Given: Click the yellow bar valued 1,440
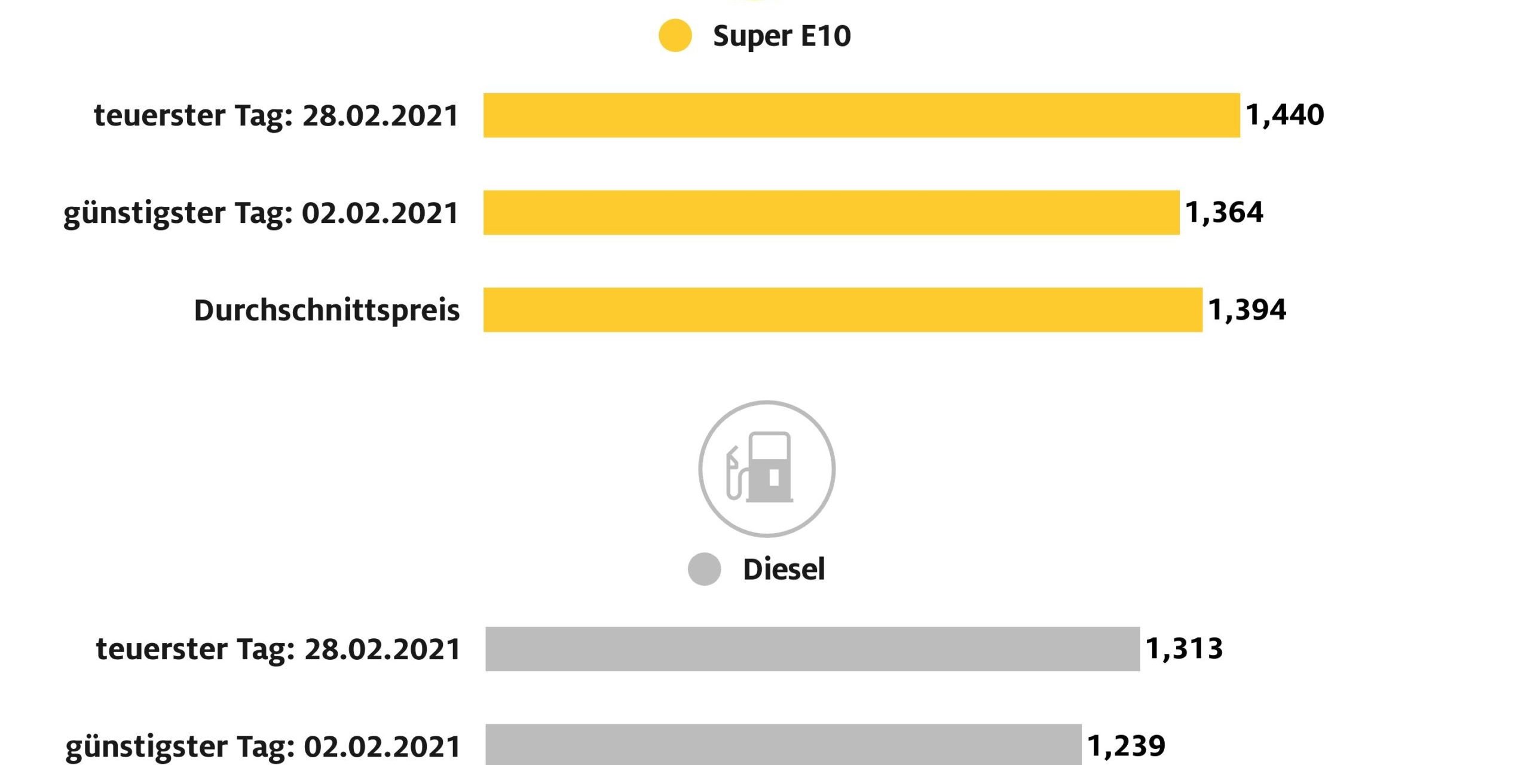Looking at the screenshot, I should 861,115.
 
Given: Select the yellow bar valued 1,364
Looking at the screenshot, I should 831,213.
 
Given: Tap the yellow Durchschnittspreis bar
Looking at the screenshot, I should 843,310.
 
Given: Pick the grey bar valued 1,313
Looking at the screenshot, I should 812,649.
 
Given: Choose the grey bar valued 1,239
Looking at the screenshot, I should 783,745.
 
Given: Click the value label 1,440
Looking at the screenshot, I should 1285,115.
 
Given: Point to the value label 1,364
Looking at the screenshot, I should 1224,212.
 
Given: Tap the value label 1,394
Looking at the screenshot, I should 1247,310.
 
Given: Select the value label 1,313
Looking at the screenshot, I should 1185,648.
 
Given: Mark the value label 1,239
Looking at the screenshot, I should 1126,746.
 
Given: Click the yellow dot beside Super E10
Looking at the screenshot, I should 675,36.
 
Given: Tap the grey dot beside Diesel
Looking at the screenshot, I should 704,569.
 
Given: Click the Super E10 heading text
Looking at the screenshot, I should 782,36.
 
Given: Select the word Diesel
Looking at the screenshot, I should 784,569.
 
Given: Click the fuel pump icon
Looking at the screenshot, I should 767,469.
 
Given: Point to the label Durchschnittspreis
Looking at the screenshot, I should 327,310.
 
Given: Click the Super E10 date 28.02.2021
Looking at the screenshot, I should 381,115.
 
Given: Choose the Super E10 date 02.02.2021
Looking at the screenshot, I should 380,213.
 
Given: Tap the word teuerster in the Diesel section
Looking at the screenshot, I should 161,649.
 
